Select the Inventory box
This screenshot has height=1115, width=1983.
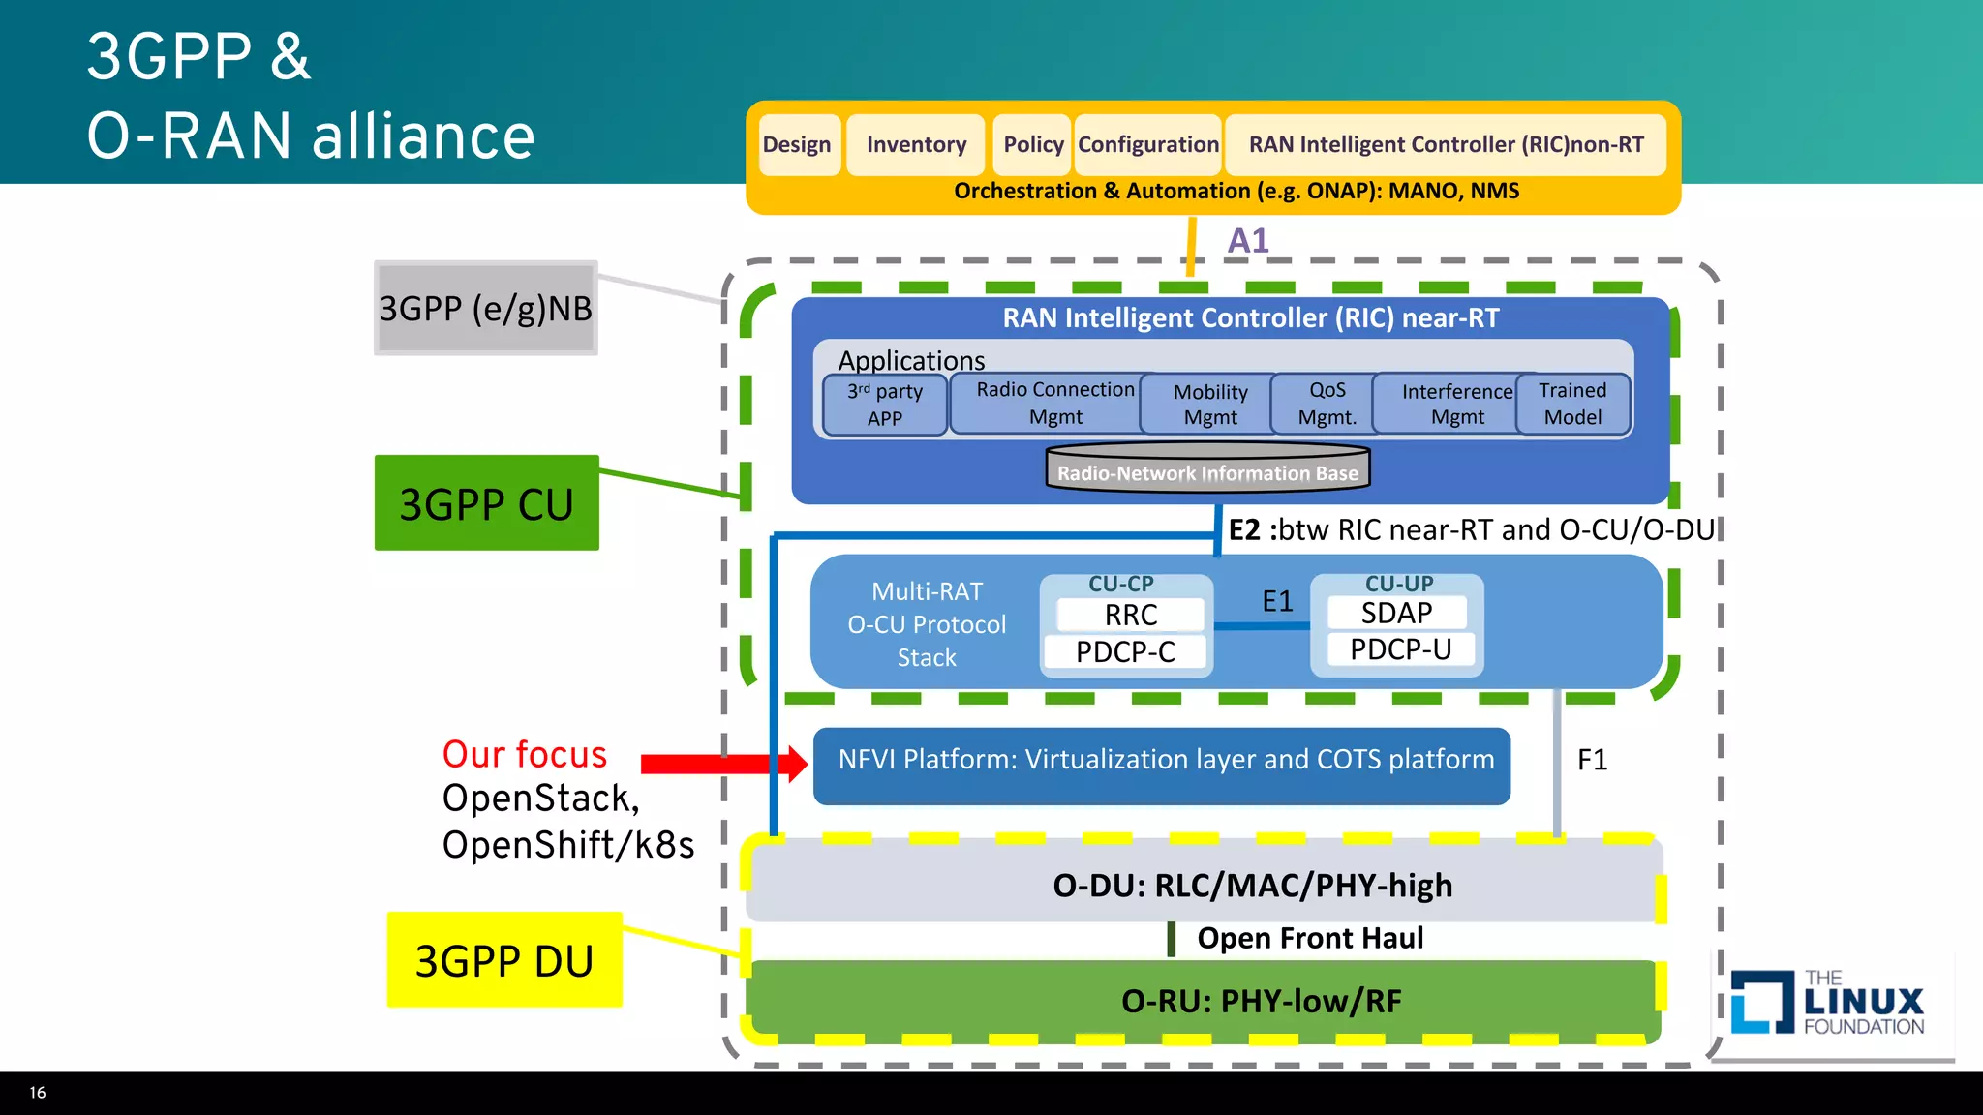click(916, 145)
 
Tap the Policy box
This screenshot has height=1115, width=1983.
click(1033, 145)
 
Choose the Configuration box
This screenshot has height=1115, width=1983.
click(1147, 145)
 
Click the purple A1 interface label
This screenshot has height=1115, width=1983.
click(1248, 240)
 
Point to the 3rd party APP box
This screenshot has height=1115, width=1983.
click(885, 405)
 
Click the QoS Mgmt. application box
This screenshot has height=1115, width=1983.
click(1327, 404)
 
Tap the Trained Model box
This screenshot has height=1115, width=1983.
click(1572, 404)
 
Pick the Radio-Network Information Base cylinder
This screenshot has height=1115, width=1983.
click(1207, 467)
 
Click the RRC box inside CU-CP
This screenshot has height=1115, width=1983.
click(1130, 615)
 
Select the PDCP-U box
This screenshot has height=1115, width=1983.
click(1400, 649)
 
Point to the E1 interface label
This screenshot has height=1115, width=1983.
click(1277, 601)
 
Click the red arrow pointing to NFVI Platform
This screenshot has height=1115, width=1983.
click(724, 764)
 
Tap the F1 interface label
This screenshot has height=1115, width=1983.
click(1592, 760)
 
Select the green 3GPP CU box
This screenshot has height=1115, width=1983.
click(487, 502)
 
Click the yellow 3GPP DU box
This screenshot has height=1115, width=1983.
click(504, 959)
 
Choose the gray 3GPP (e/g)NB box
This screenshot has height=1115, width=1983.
click(486, 308)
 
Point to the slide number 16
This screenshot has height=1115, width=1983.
click(38, 1092)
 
